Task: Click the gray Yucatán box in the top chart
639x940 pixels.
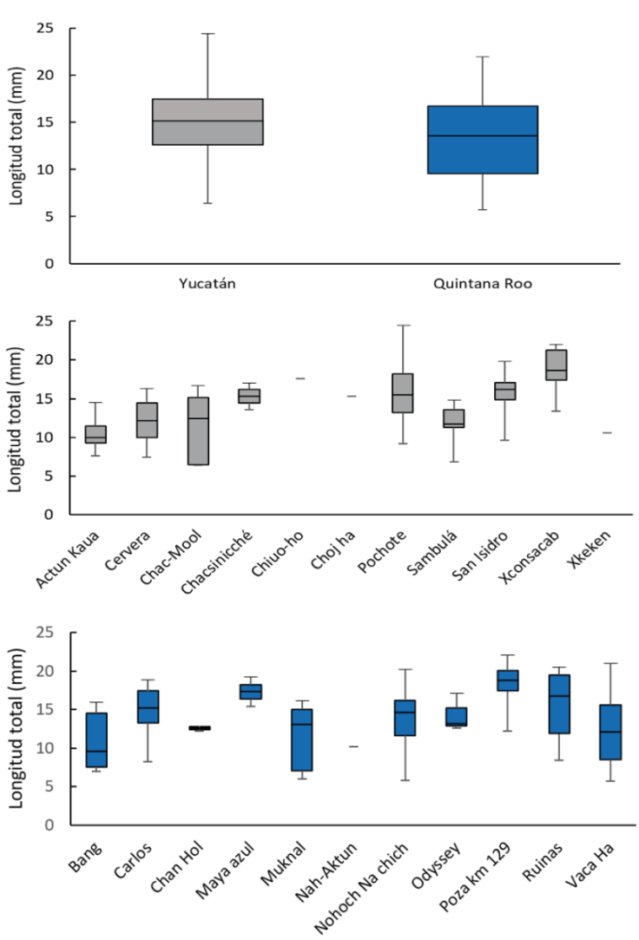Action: (208, 122)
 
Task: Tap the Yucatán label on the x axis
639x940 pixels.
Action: (208, 283)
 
